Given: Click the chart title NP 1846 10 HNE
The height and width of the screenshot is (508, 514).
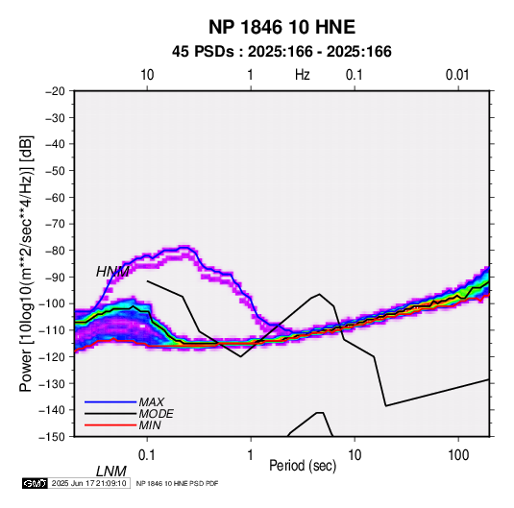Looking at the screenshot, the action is (281, 27).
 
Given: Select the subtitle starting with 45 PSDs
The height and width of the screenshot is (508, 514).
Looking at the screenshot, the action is (281, 52).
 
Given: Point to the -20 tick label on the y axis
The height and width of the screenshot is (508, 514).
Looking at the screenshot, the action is (55, 91).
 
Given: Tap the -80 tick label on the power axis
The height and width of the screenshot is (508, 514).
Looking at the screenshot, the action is (55, 251).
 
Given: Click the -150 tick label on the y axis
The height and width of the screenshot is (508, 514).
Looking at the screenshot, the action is (52, 437).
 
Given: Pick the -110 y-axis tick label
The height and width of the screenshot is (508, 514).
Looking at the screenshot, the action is (52, 330).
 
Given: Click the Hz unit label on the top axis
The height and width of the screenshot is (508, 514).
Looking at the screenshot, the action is (303, 75).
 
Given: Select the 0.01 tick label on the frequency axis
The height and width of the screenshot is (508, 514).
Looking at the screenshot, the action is (457, 75).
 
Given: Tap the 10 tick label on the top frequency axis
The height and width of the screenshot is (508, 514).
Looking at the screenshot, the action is (147, 75).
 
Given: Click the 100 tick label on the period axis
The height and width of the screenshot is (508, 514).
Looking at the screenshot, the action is (458, 455).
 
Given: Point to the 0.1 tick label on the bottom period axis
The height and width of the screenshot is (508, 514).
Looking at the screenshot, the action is (147, 455).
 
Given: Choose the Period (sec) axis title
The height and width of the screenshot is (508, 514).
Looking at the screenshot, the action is (303, 466).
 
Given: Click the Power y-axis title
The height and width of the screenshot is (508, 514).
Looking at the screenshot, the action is (26, 264).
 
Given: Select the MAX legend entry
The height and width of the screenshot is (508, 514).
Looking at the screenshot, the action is (151, 402).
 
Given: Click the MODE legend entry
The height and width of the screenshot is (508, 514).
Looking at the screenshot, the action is (156, 414).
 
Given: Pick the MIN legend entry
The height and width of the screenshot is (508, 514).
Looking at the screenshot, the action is (150, 425).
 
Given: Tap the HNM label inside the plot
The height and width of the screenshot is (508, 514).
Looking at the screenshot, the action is (112, 272).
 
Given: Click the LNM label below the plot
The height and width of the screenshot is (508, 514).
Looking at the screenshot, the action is (110, 472).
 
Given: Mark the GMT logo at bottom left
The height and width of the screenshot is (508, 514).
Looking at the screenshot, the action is (36, 483).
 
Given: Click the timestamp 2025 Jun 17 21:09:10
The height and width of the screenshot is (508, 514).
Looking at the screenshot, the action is (89, 483).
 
